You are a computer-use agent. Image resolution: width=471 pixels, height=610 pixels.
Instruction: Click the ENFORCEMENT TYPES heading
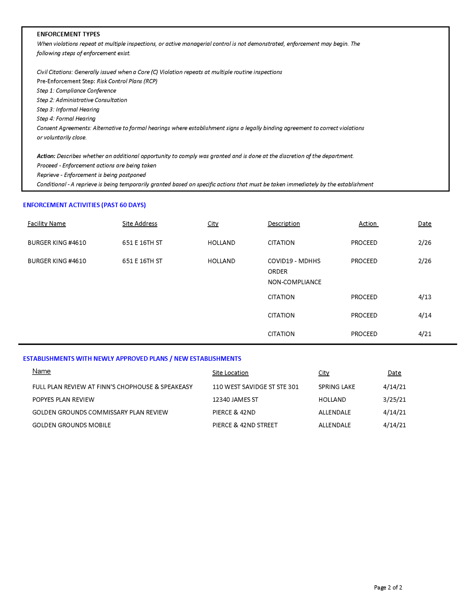point(68,34)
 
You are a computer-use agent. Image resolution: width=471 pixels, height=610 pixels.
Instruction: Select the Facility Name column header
point(47,224)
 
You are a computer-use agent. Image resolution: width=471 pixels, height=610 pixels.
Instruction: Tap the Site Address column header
point(140,224)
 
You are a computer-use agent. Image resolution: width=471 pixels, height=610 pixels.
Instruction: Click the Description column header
point(284,224)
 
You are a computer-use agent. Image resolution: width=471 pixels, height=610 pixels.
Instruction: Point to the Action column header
point(368,224)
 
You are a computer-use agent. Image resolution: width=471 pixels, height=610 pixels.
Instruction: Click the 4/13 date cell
point(425,297)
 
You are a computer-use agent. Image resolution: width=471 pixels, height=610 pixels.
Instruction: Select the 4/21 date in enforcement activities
point(425,334)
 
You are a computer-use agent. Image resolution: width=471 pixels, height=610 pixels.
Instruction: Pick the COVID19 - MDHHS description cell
point(294,261)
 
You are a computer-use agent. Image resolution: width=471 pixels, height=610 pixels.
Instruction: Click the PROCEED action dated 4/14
point(364,315)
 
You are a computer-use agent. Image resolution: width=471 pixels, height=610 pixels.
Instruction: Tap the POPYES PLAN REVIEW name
point(63,400)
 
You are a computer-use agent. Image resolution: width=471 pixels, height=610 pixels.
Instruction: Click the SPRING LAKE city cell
point(337,387)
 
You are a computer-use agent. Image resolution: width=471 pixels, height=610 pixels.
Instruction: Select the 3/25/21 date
point(394,400)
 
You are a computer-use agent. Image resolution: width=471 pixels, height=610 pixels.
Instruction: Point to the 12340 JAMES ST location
point(235,400)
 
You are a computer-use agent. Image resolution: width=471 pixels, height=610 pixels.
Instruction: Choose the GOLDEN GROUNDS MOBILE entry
point(72,425)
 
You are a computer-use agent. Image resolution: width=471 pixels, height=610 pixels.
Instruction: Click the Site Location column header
point(230,373)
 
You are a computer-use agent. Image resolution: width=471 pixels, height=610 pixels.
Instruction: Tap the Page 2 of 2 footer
point(388,587)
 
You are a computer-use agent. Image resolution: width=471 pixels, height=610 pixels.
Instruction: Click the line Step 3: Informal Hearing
point(68,109)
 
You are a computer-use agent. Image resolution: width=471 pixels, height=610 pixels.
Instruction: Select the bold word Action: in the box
point(46,156)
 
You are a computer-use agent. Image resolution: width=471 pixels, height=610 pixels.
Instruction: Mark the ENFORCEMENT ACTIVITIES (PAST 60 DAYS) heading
point(84,205)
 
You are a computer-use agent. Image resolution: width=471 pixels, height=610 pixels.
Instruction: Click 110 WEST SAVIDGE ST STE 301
point(255,387)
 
